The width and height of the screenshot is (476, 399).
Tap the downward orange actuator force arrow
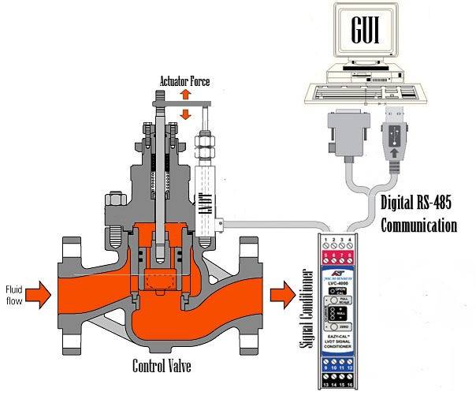[186, 114]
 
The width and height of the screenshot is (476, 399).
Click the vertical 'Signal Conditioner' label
[308, 308]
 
